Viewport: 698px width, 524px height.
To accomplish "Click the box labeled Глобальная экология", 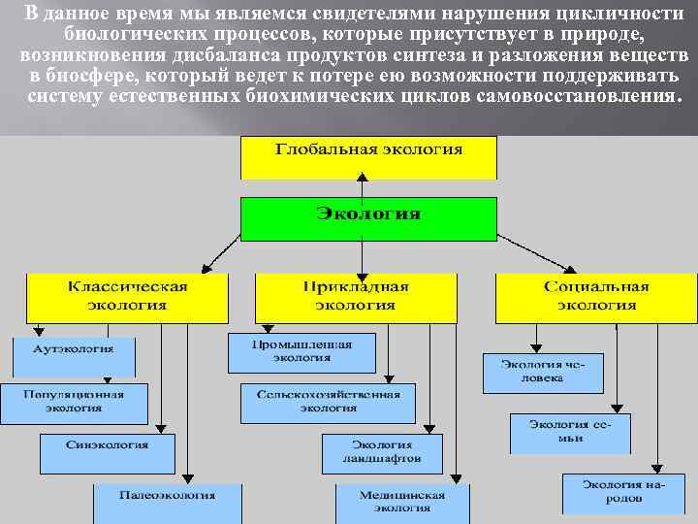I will click(368, 157).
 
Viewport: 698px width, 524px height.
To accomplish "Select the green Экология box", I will click(368, 218).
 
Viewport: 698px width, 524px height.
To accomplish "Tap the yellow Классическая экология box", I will click(127, 297).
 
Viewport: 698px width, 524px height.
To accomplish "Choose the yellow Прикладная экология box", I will click(355, 297).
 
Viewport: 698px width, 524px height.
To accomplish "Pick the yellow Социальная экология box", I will click(595, 297).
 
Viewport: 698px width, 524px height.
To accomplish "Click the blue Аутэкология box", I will click(73, 354).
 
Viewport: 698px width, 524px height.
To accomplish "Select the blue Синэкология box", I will click(107, 452).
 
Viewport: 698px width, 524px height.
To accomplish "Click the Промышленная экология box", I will click(301, 352).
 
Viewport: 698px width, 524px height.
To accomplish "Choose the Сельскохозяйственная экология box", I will click(328, 403).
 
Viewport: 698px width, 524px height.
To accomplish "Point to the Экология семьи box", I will click(571, 432).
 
